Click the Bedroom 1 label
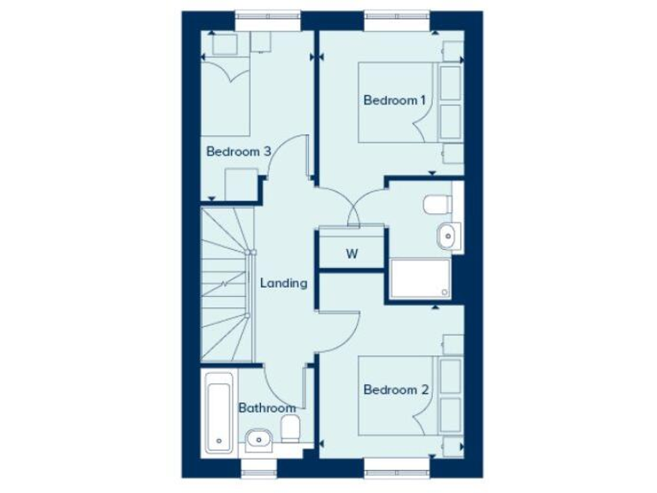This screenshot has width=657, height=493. [394, 101]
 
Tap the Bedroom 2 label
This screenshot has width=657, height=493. [394, 390]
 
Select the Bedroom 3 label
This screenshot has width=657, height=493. [239, 151]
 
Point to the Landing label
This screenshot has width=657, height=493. [283, 282]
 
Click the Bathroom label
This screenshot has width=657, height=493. [267, 408]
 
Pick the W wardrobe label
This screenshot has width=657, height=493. [351, 253]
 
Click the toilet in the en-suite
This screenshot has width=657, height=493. [436, 205]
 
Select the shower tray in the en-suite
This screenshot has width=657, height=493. [420, 279]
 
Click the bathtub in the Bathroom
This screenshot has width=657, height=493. [218, 418]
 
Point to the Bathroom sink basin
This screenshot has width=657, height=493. [257, 442]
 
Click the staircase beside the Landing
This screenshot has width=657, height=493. [228, 284]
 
